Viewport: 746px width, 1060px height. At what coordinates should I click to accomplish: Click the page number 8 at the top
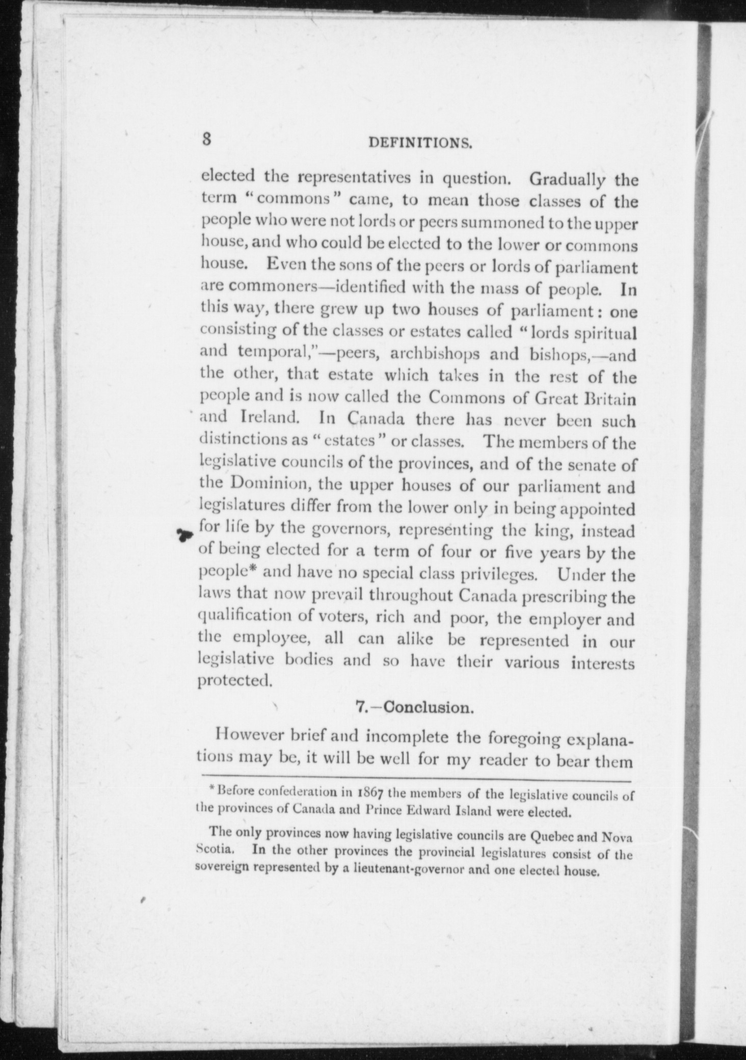[x=206, y=140]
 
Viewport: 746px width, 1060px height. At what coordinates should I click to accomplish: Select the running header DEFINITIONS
[x=421, y=144]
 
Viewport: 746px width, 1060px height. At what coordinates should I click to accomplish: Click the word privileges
[x=499, y=575]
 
